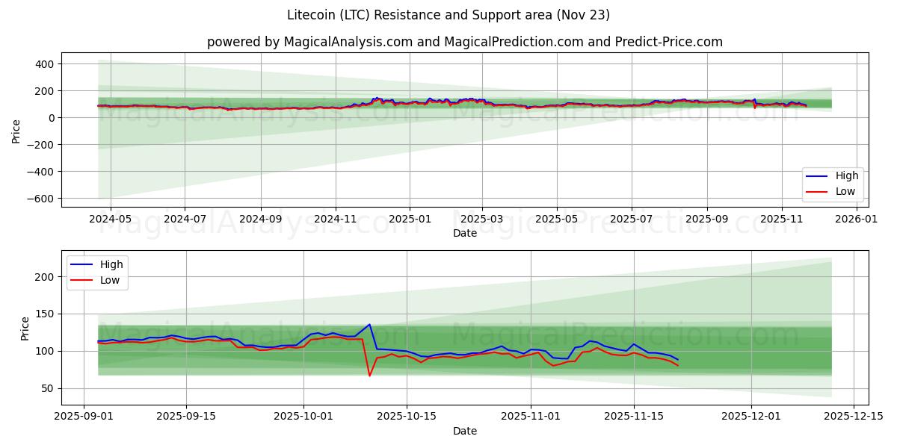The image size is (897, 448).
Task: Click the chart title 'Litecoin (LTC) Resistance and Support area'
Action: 449,15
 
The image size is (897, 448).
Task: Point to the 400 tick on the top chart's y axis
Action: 44,64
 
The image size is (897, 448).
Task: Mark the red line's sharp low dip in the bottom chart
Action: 369,376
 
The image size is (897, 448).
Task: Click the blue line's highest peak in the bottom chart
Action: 369,324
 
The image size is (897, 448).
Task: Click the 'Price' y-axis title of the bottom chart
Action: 25,329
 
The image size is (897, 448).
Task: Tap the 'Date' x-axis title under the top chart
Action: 465,234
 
